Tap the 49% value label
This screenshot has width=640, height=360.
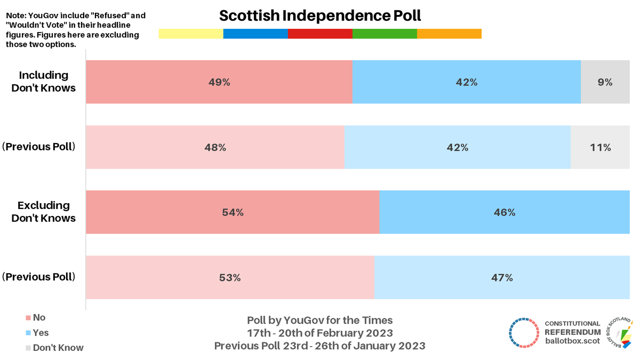(219, 82)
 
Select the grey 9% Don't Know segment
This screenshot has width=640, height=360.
(605, 82)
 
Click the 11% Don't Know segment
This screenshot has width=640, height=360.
(600, 148)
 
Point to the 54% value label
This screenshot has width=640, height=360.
(233, 212)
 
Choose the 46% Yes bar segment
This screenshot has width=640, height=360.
(504, 212)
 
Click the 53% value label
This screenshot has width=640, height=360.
(230, 278)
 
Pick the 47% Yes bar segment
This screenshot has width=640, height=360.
(501, 278)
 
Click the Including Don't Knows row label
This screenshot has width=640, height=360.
(44, 82)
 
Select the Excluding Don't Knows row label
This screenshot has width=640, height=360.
(44, 212)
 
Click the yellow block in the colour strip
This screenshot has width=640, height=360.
(191, 34)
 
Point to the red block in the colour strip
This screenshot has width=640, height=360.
(320, 34)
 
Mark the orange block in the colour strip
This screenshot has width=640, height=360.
(449, 34)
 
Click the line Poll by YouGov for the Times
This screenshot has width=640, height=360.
(320, 321)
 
